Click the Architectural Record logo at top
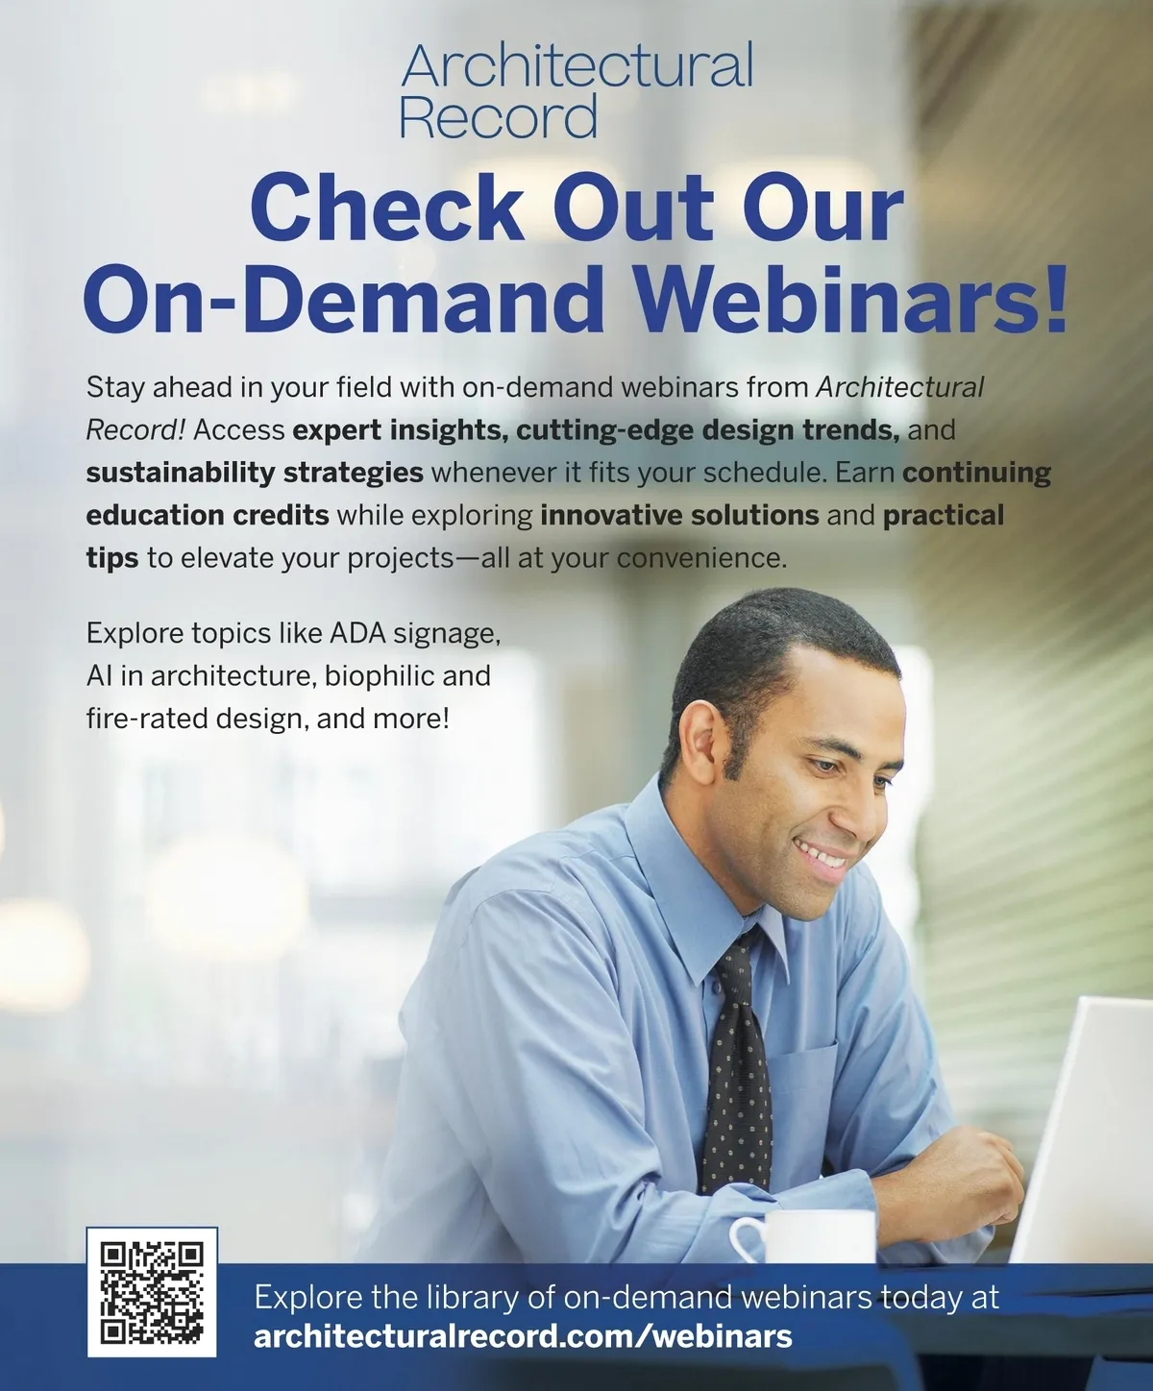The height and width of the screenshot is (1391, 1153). point(576,90)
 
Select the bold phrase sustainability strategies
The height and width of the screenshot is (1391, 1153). point(255,473)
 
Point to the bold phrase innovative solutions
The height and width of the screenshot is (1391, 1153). point(680,515)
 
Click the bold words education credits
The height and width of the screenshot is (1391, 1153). point(208,515)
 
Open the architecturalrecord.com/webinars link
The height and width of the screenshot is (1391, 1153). point(524,1336)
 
